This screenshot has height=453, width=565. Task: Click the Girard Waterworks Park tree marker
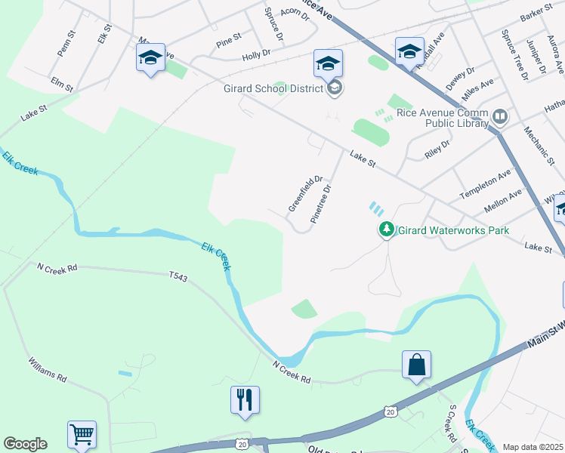[x=386, y=229]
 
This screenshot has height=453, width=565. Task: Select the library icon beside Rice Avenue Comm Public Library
[x=499, y=116]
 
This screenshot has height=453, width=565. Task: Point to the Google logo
[x=25, y=444]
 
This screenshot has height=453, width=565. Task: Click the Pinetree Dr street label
[x=321, y=204]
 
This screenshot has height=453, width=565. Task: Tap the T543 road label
[x=178, y=277]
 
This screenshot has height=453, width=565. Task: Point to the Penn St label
[x=66, y=43]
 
